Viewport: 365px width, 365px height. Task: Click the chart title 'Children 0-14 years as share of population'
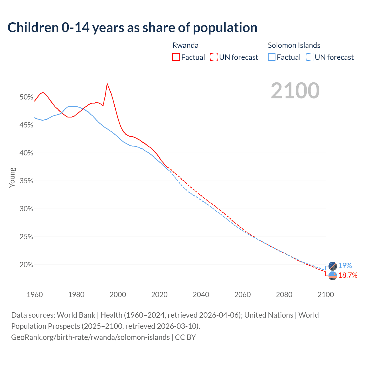(x=132, y=28)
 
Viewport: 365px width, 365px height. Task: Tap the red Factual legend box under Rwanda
(x=176, y=57)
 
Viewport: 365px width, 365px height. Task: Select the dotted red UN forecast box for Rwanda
(x=214, y=57)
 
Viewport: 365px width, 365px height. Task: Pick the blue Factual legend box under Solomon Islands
(x=272, y=57)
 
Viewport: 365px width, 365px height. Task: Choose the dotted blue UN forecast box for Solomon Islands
(x=309, y=57)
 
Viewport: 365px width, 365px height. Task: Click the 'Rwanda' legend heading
(x=185, y=45)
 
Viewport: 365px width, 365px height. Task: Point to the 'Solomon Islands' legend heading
(x=294, y=45)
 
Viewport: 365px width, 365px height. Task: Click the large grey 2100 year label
(x=295, y=91)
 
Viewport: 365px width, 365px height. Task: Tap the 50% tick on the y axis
(x=26, y=97)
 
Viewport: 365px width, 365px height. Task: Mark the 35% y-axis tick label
(x=26, y=181)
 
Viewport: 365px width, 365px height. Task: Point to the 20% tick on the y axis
(x=26, y=265)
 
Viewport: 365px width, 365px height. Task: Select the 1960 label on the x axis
(x=35, y=295)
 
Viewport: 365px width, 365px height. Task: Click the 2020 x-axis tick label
(x=159, y=295)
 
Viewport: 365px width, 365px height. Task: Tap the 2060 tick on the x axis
(x=242, y=295)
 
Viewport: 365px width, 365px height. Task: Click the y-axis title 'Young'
(x=12, y=177)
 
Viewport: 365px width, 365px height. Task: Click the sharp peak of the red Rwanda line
(x=107, y=83)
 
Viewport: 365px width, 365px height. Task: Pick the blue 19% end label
(x=345, y=265)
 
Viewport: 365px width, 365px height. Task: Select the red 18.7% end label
(x=348, y=275)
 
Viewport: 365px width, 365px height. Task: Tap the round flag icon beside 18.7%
(x=333, y=276)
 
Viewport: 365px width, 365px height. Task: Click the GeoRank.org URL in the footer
(x=90, y=337)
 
